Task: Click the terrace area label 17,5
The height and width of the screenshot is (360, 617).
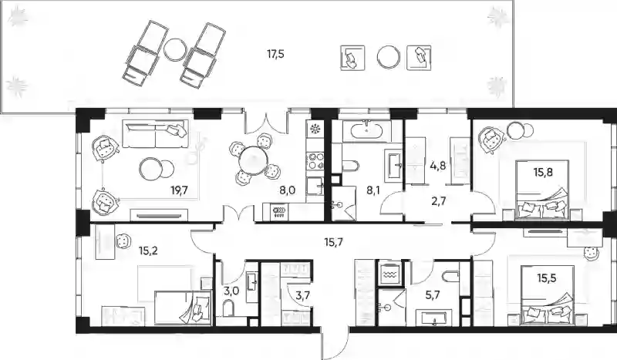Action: (x=275, y=54)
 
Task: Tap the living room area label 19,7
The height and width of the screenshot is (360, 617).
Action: (x=179, y=191)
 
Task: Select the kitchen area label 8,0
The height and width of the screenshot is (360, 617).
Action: (x=287, y=191)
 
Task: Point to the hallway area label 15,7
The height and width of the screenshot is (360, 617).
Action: (x=334, y=242)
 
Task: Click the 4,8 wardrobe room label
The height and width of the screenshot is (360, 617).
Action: (x=438, y=166)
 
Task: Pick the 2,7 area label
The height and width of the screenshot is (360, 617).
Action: (x=439, y=201)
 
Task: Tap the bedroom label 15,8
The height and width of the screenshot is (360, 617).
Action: (x=543, y=172)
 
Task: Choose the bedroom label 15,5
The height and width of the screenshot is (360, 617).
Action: (x=547, y=278)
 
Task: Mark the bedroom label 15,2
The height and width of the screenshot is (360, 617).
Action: (x=148, y=251)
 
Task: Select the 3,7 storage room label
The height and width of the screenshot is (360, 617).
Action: (x=302, y=295)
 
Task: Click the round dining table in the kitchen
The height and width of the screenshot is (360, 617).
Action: (x=254, y=161)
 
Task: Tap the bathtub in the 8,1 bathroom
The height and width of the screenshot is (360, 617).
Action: (x=367, y=130)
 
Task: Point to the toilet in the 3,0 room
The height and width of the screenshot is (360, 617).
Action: (x=228, y=308)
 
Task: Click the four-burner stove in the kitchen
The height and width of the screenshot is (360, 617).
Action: (x=315, y=161)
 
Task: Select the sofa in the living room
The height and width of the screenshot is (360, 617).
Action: (x=155, y=134)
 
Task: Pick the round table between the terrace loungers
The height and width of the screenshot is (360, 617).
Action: (x=174, y=49)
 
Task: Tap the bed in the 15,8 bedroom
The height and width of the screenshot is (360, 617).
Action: (x=543, y=189)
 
